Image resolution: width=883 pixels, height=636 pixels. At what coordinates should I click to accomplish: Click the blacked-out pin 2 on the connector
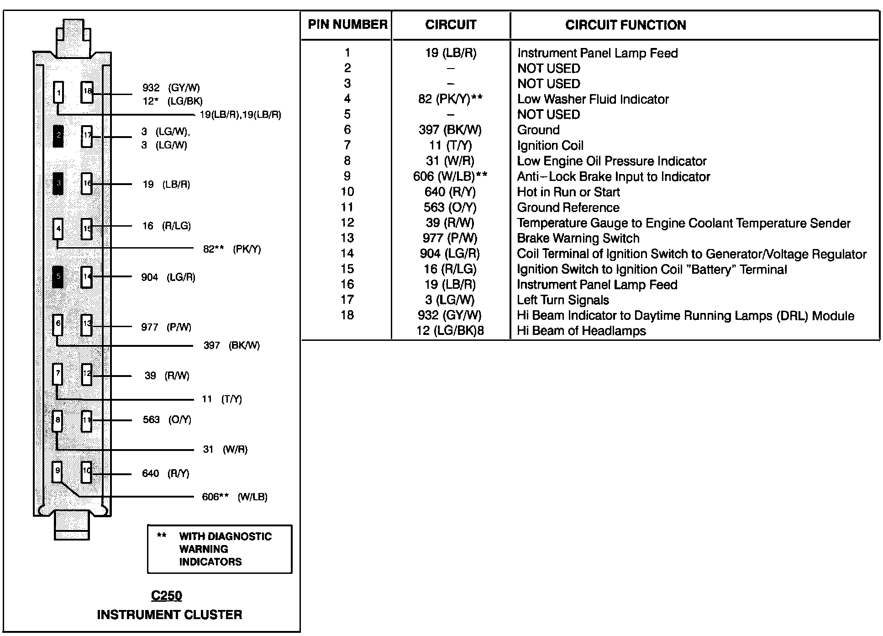pos(58,136)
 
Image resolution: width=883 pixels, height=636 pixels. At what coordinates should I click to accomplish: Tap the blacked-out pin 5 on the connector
pos(58,276)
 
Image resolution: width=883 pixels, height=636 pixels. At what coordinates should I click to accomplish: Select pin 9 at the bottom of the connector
pos(57,472)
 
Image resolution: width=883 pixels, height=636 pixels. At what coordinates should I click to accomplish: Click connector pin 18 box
pos(87,92)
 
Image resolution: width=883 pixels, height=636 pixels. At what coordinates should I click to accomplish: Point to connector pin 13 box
pos(86,325)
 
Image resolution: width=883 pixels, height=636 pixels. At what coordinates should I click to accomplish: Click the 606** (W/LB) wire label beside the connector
pos(234,497)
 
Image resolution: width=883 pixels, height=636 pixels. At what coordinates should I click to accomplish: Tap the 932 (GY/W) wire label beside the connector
pos(171,88)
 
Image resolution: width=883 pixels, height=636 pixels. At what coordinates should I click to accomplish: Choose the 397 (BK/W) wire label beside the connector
pos(231,345)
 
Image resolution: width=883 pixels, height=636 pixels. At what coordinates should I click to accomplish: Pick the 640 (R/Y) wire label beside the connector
pos(165,473)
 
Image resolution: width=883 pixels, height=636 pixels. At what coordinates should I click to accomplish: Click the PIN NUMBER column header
pos(347,25)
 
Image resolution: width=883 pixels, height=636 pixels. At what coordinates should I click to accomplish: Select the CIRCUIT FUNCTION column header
pos(625,25)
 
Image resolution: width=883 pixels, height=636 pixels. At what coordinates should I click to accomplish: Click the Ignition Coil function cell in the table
pos(550,146)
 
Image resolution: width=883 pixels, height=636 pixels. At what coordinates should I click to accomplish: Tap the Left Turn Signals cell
pos(563,300)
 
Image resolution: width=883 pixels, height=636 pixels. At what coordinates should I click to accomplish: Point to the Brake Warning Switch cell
pos(578,238)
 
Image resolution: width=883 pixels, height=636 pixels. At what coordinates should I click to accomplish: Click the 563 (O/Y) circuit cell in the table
pos(450,207)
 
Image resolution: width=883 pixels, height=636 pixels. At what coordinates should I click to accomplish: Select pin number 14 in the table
pos(347,254)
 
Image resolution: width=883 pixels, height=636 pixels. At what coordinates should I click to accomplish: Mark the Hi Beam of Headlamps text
pos(581,331)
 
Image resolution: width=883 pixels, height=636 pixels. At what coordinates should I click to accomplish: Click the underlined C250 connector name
pos(167,596)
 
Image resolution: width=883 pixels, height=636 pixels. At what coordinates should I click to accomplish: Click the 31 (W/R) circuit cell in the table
pos(450,161)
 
